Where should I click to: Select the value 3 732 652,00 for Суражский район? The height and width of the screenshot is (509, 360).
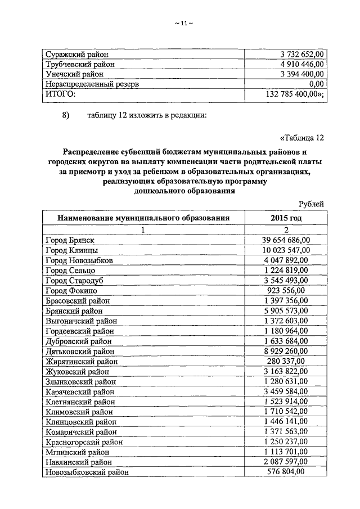pos(301,55)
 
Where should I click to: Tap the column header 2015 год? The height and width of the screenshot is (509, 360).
pos(286,218)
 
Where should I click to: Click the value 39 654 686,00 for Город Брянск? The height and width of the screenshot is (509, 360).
pos(286,240)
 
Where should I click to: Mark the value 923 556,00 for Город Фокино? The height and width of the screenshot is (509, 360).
pos(286,291)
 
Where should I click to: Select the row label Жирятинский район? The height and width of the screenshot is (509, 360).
pos(82,362)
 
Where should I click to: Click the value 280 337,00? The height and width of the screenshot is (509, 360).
pos(286,361)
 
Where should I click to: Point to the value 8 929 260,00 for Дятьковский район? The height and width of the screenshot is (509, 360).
pos(286,351)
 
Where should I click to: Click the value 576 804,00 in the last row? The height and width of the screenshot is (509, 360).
pos(286,472)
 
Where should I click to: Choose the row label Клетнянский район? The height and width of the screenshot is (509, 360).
pos(80,402)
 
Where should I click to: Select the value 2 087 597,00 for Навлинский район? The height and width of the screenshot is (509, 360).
pos(286,462)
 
